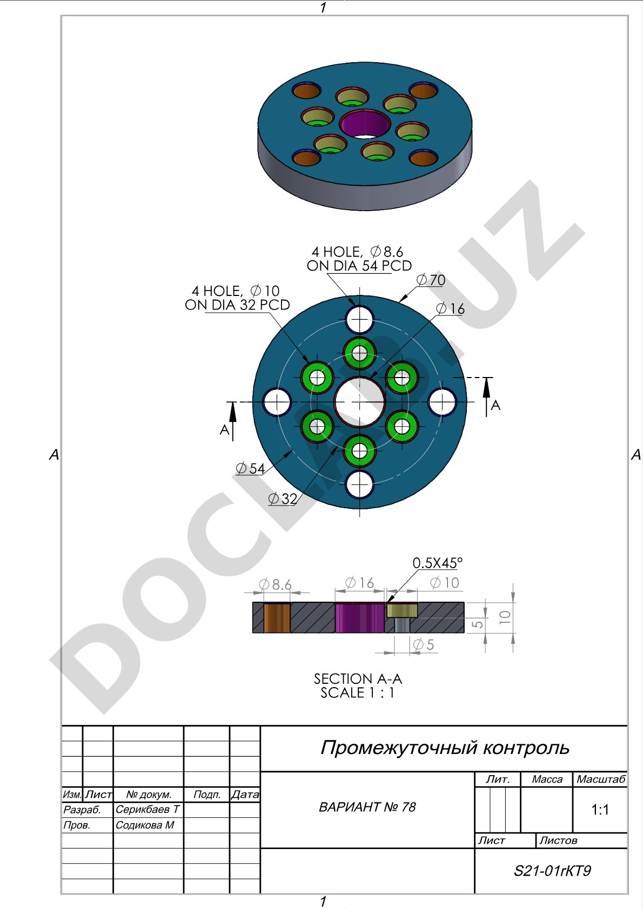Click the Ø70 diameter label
click(431, 280)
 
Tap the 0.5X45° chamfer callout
click(437, 563)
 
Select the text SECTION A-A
click(358, 679)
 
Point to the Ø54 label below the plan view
click(250, 469)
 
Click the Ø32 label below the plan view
click(283, 499)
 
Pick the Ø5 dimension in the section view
click(424, 644)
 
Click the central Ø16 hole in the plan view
click(360, 402)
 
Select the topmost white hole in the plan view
click(360, 319)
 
